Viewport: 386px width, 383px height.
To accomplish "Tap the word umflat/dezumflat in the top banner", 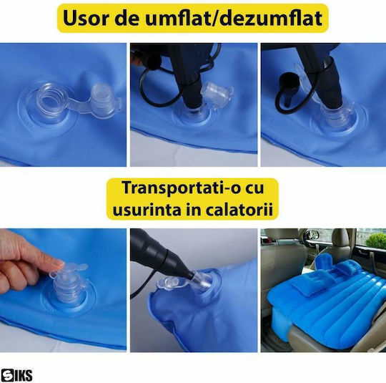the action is pos(234,18).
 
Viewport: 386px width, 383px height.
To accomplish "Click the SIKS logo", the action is pos(16,375).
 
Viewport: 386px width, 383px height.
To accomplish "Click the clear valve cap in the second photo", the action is pos(216,94).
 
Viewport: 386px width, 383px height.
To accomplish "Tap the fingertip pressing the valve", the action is pos(58,263).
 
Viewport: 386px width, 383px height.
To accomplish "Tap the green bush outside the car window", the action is pos(375,241).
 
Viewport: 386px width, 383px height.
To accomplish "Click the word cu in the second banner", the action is pos(254,188).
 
